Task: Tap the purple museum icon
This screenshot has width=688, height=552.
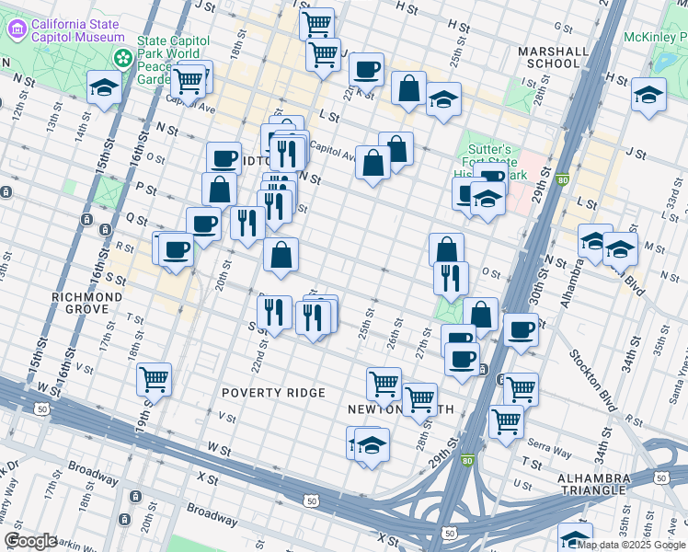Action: coord(17,29)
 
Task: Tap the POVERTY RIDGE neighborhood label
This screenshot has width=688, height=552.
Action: coord(273,393)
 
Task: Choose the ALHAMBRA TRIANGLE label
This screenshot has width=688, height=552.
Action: coord(598,485)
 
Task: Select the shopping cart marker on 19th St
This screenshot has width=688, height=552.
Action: coord(154,378)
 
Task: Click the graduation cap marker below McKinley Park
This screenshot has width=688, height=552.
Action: coord(648,95)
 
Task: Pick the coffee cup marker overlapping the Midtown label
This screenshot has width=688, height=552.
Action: coord(224,157)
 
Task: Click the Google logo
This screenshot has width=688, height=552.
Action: coord(30,541)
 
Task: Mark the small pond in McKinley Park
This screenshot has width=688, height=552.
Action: coord(664,63)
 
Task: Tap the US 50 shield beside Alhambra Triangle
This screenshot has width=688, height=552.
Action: coord(660,477)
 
